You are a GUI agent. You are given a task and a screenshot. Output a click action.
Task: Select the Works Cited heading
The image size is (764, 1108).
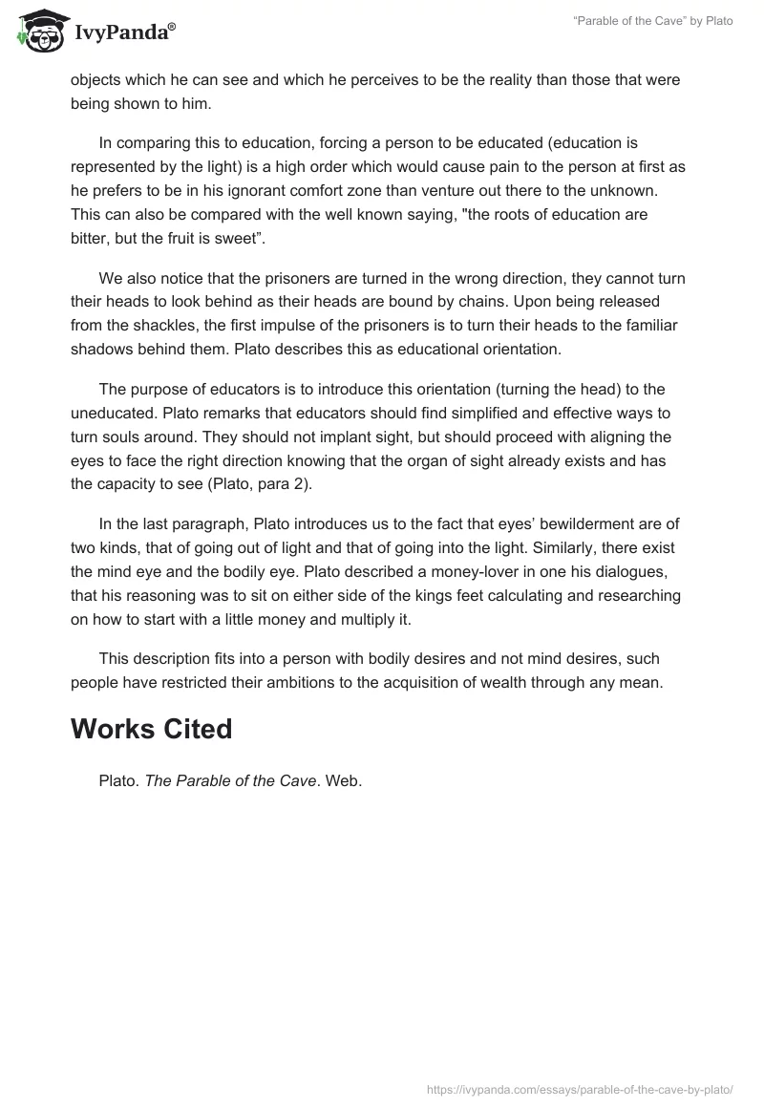(x=151, y=729)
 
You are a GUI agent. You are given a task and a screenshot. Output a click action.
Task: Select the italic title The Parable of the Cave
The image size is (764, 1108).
(x=230, y=780)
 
